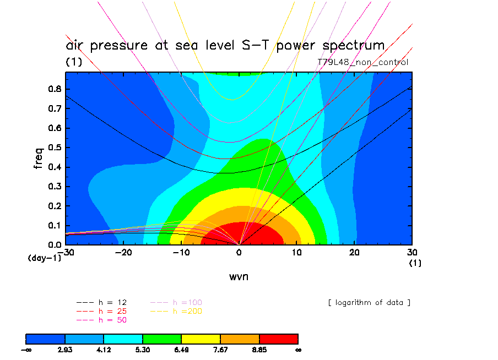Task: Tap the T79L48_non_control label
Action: click(362, 62)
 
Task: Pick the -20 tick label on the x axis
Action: click(123, 253)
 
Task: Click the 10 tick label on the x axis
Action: click(297, 253)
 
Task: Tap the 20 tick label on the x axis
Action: click(354, 253)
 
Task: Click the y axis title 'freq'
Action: click(38, 156)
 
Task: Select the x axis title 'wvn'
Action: click(239, 276)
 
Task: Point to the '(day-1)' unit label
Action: click(44, 258)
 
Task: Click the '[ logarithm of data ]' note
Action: click(369, 303)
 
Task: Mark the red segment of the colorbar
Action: click(278, 339)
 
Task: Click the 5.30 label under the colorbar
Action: click(143, 350)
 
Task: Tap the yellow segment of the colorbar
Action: click(201, 339)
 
